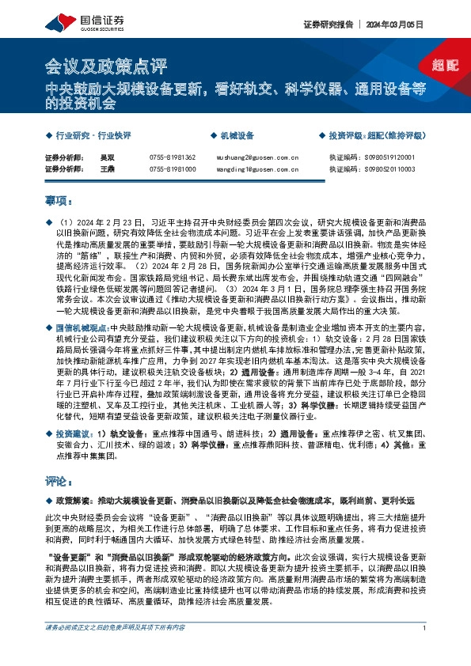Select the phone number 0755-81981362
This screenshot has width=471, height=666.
coord(172,157)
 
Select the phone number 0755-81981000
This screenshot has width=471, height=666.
coord(172,169)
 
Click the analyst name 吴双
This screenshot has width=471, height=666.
coord(106,157)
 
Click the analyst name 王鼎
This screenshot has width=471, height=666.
coord(106,169)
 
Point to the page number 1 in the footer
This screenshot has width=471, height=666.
coord(425,651)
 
